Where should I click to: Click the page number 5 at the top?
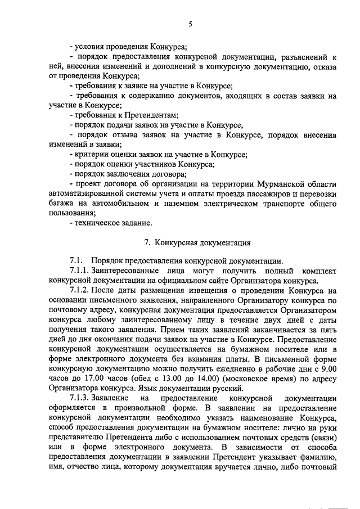[190, 24]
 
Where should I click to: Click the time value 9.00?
[328, 368]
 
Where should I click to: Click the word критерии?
[92, 154]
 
